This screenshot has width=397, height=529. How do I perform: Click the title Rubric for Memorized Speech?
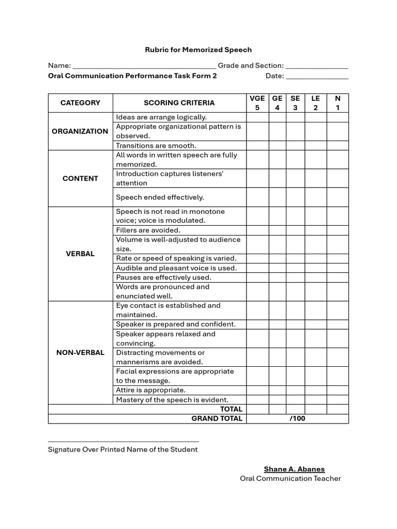coord(198,50)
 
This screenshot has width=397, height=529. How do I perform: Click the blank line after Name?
coord(144,67)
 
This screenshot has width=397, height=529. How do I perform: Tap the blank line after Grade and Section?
coord(317,67)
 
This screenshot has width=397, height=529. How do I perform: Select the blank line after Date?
coord(317,77)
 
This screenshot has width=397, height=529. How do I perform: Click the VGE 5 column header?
coord(257,103)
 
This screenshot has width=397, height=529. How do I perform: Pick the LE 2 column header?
coord(315,103)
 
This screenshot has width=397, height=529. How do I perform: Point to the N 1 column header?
coord(338,103)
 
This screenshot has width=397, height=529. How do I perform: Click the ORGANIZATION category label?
coord(80,131)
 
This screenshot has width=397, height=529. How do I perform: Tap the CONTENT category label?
coord(80,178)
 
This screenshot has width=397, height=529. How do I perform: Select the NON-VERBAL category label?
coord(80,352)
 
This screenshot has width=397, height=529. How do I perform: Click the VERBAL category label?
coord(80,254)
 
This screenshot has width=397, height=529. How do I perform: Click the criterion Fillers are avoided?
coord(148,230)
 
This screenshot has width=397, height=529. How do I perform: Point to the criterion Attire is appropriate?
coord(150,390)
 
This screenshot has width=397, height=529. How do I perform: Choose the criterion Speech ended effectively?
coord(160,197)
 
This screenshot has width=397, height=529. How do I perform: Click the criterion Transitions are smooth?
coord(156,146)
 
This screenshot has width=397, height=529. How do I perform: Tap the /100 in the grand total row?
coord(297,418)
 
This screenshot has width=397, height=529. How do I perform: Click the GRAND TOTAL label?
coord(217,418)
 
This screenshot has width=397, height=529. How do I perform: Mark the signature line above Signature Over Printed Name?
coord(123,441)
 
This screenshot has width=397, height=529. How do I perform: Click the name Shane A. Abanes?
coord(294,469)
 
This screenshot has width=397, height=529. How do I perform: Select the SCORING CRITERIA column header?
coord(179,103)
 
